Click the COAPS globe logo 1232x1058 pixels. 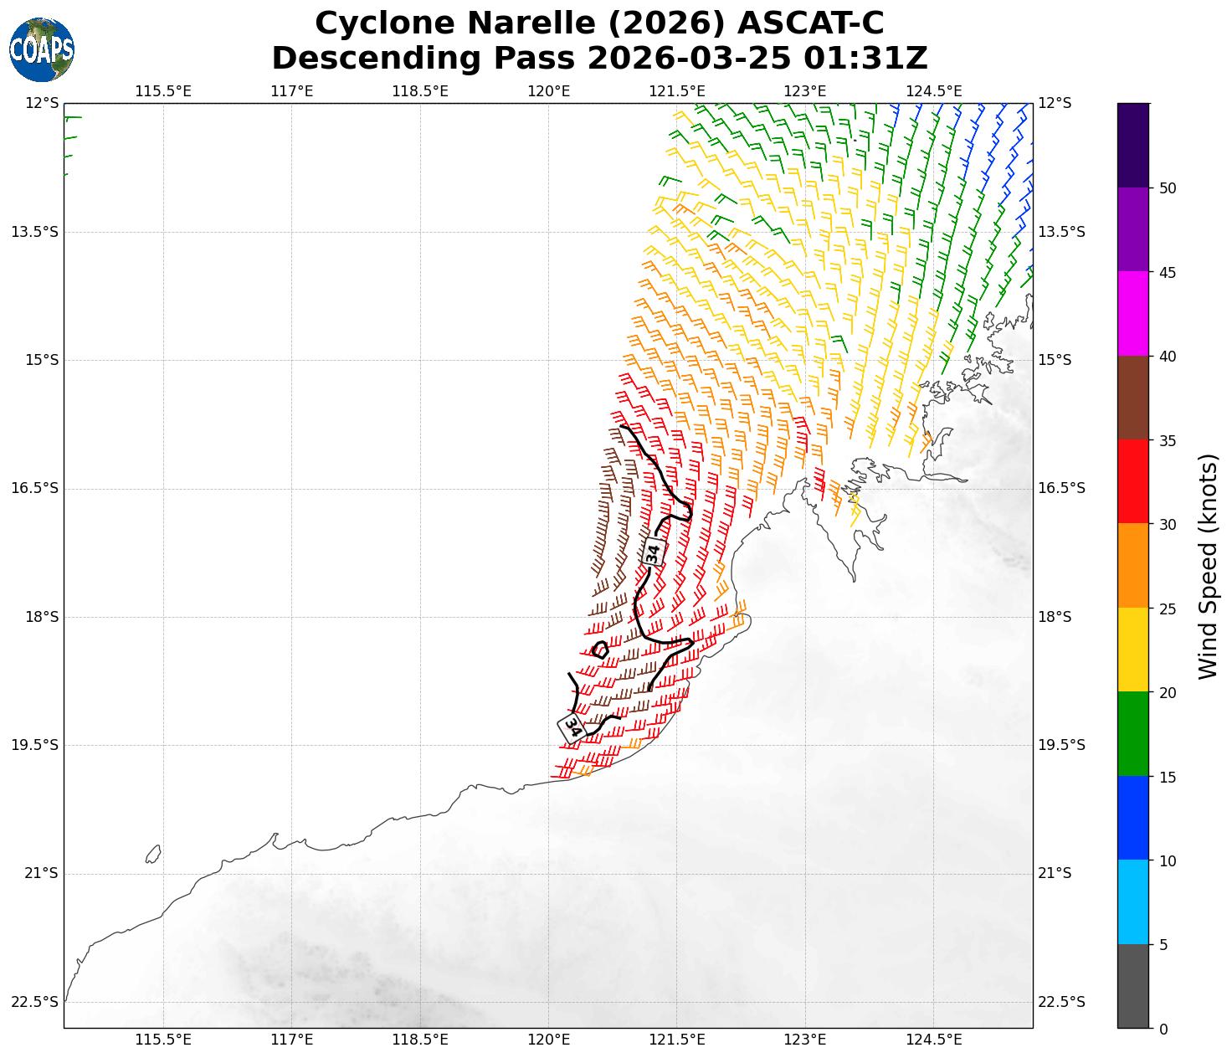tap(42, 49)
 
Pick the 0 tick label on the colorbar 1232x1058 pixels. tap(1163, 1030)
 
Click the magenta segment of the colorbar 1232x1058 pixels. tap(1133, 314)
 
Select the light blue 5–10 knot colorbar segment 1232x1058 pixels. tap(1133, 902)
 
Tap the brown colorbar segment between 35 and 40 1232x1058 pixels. tap(1133, 398)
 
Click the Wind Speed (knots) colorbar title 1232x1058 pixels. tap(1208, 566)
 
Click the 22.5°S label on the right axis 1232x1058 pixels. tap(1061, 1002)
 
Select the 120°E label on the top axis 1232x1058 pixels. tap(548, 90)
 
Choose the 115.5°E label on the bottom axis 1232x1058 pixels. tap(162, 1040)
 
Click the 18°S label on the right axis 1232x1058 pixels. tap(1055, 617)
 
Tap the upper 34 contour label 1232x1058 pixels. tap(654, 552)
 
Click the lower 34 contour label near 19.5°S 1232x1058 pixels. tap(572, 726)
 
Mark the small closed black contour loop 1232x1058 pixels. tap(600, 650)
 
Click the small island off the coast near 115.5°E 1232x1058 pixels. tap(152, 854)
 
